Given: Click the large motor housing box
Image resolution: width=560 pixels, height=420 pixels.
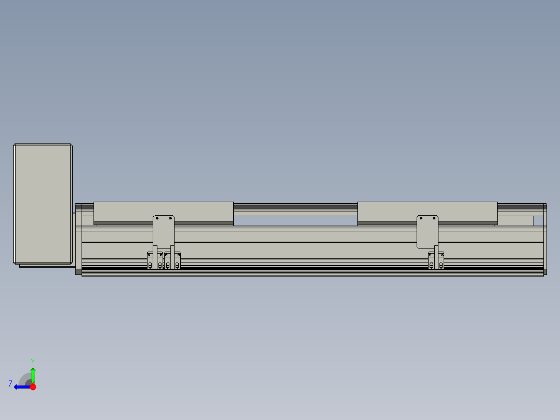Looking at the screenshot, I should tap(43, 204).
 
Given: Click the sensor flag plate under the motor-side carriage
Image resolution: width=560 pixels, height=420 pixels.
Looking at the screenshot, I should tap(164, 231).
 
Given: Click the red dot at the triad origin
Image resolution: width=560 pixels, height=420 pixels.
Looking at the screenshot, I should tap(33, 387).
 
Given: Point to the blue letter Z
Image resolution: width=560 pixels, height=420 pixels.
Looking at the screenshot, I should tap(10, 384).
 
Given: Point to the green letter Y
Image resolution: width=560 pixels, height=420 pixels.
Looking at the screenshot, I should tap(33, 361).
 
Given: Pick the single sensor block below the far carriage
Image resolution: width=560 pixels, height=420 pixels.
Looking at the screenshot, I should tap(436, 260).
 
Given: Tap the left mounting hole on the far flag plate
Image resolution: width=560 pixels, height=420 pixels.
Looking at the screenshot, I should tap(421, 218).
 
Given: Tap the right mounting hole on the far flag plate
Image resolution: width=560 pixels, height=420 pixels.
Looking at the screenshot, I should tap(434, 218).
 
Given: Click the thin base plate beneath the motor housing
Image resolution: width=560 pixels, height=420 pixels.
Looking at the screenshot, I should tap(46, 266).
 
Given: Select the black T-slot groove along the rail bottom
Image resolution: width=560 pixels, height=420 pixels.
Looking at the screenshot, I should tap(312, 270).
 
